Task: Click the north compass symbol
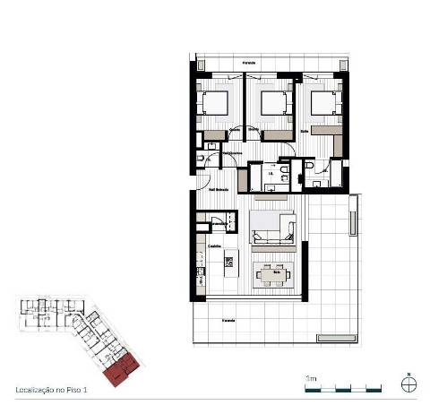tap(408, 383)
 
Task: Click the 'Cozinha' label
tap(215, 246)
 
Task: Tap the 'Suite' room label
tap(305, 131)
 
